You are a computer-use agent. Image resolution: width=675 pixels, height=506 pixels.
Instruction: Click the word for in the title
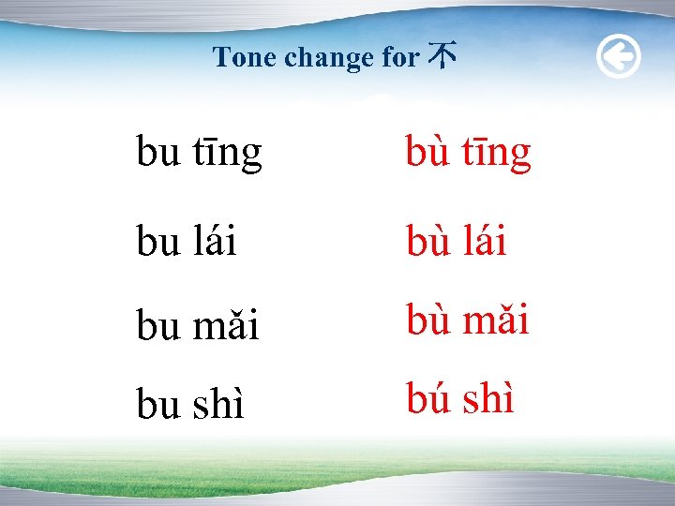coord(400,58)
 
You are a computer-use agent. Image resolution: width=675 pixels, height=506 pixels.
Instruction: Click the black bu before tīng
coord(158,153)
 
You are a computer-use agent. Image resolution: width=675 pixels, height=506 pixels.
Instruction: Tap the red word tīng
coord(497,153)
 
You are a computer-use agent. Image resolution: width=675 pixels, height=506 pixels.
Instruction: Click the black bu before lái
coord(158,243)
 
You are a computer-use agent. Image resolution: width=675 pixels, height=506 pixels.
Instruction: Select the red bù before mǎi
coord(427,320)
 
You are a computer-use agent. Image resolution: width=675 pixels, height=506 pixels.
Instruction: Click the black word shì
coord(218,404)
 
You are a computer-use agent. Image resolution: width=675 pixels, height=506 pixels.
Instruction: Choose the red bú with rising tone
coord(427,399)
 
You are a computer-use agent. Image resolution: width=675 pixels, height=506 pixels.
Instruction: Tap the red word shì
coord(487,399)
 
